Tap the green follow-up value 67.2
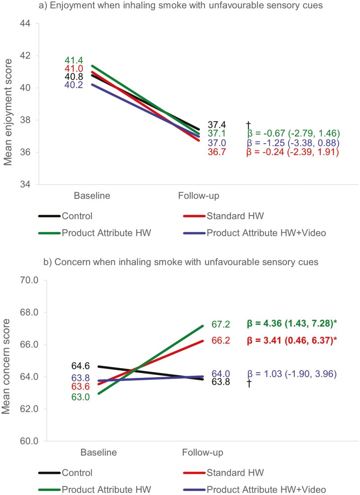click(221, 324)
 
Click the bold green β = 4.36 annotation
click(298, 324)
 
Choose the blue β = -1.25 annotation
click(293, 143)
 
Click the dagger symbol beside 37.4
click(248, 124)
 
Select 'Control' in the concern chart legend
click(77, 472)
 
